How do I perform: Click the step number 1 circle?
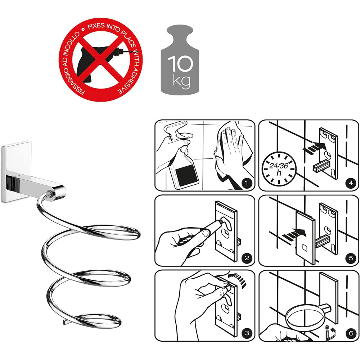[247, 183]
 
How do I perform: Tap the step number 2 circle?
[247, 258]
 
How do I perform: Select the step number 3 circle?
[247, 333]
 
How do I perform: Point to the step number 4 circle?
[351, 183]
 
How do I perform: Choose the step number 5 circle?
[351, 258]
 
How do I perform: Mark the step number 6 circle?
[351, 333]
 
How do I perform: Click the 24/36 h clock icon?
[279, 169]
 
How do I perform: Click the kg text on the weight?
[181, 81]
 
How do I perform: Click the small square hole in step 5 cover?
[305, 248]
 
